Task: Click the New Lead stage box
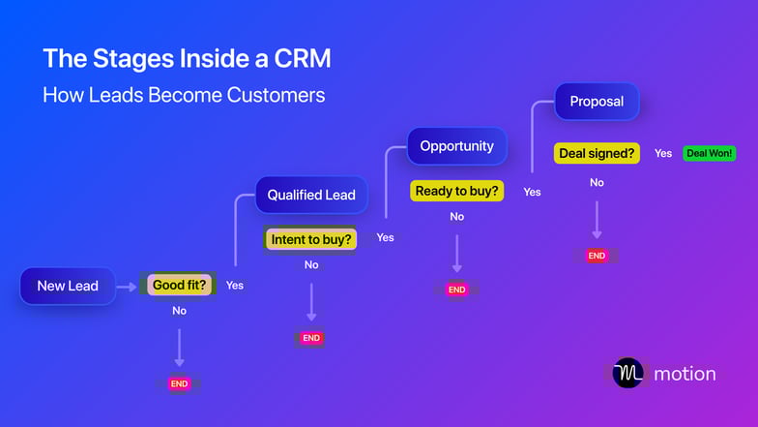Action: tap(68, 286)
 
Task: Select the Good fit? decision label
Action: tap(180, 285)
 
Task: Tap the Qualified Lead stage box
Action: tap(311, 195)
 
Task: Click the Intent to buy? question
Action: tap(311, 238)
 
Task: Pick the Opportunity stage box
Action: tap(456, 146)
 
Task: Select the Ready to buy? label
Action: tap(457, 191)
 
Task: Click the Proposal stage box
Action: tap(597, 101)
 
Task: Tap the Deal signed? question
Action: tap(597, 153)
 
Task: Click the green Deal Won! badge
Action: tap(709, 153)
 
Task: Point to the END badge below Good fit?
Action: tap(179, 383)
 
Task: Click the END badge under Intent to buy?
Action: tap(311, 338)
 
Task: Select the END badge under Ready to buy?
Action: tap(456, 290)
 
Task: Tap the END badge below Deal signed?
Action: tap(597, 256)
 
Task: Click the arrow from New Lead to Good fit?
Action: tap(127, 286)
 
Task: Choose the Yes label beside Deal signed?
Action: tap(663, 153)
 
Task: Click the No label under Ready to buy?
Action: tap(456, 217)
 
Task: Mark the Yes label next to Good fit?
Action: tap(235, 286)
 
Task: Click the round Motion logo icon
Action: tap(627, 373)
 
